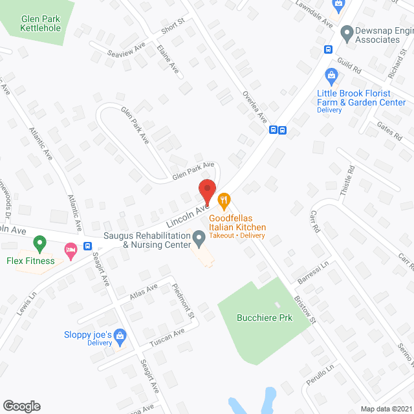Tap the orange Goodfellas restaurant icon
(x=224, y=200)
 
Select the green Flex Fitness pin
(x=39, y=245)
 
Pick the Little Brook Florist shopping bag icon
(x=332, y=76)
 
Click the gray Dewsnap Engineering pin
(x=346, y=30)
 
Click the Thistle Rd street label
(x=347, y=182)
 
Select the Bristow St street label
(x=304, y=311)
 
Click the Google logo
(x=21, y=406)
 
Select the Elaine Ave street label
(x=168, y=58)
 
